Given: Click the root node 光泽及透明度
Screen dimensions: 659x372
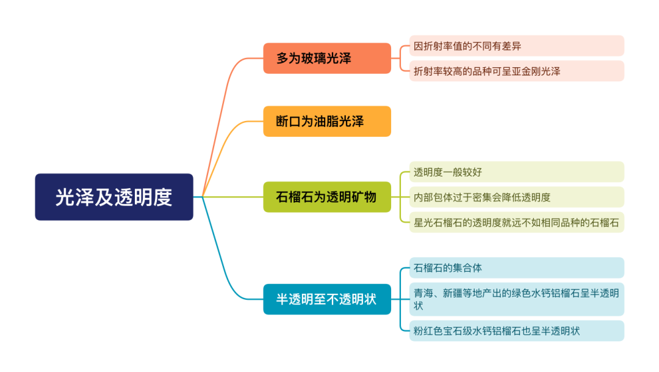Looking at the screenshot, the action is pyautogui.click(x=114, y=197).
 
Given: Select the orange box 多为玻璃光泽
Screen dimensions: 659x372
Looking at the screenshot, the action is pyautogui.click(x=327, y=58).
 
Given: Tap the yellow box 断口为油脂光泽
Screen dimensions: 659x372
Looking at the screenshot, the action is pyautogui.click(x=327, y=121).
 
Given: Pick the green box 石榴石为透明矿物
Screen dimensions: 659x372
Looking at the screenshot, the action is pyautogui.click(x=327, y=197).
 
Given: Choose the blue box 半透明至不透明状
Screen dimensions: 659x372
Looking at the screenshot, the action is pyautogui.click(x=327, y=299).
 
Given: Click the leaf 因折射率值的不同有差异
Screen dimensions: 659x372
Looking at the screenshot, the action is pyautogui.click(x=517, y=46).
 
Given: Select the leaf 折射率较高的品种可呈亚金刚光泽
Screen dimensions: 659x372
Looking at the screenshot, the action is pyautogui.click(x=517, y=71).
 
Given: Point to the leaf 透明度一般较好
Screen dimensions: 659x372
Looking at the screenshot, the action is pyautogui.click(x=517, y=172).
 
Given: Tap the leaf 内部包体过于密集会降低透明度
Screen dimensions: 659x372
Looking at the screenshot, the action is pyautogui.click(x=517, y=197).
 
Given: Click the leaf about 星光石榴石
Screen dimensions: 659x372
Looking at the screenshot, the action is pyautogui.click(x=517, y=222).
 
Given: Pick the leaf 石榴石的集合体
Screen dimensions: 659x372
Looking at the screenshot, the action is pyautogui.click(x=517, y=268).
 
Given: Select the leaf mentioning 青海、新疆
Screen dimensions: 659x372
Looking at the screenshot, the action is pyautogui.click(x=517, y=299).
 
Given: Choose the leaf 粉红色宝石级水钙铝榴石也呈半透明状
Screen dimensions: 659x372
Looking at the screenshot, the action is pyautogui.click(x=517, y=330).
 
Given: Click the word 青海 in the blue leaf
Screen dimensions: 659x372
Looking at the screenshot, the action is pyautogui.click(x=423, y=293).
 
